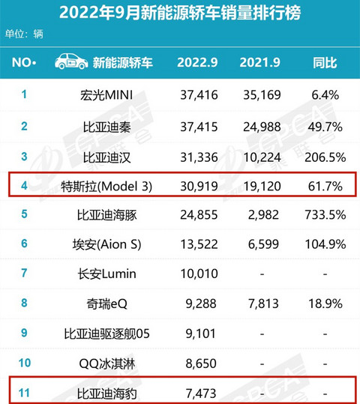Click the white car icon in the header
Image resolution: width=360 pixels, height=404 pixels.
tap(71, 61)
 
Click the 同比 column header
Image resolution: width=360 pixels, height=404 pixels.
tap(325, 63)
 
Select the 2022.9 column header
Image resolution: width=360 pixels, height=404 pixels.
tap(197, 63)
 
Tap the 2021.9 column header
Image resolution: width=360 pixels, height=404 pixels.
tap(260, 63)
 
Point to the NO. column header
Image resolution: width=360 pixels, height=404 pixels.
tap(24, 63)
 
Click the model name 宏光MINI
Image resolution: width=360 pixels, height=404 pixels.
tap(106, 95)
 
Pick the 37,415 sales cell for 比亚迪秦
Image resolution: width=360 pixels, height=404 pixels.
tap(199, 127)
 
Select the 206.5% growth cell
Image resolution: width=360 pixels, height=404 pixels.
tap(325, 157)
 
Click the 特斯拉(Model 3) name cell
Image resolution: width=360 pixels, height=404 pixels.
tap(106, 187)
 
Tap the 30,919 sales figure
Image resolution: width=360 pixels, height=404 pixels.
tap(199, 187)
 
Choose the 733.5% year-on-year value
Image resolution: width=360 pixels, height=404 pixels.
tap(325, 215)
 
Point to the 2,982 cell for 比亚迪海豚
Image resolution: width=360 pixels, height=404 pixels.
tap(263, 215)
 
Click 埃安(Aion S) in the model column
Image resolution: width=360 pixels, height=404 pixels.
tap(106, 244)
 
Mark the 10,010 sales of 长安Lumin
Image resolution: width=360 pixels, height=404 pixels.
tap(199, 274)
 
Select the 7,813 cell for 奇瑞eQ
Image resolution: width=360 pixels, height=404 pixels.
tap(263, 304)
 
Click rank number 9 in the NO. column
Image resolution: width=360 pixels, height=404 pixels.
tap(24, 333)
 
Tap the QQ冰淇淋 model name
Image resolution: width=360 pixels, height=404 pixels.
tap(106, 364)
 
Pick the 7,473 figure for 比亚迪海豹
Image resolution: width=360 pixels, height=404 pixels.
tap(201, 394)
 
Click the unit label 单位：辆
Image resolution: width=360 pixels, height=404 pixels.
tap(24, 34)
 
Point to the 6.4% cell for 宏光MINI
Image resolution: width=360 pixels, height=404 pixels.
tap(325, 95)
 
